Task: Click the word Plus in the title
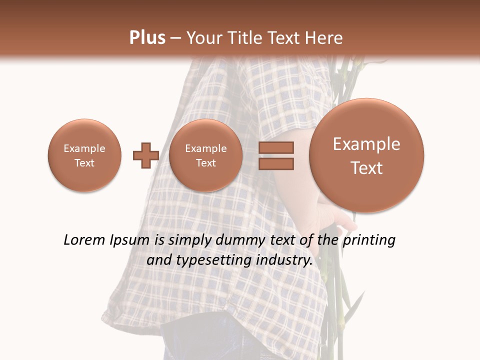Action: pos(147,38)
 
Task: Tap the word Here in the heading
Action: pos(324,38)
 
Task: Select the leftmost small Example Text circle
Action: pos(84,155)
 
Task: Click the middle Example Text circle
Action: pos(205,155)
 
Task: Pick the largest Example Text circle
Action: pos(366,155)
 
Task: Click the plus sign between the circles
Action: pos(145,155)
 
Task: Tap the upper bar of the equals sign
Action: pos(275,147)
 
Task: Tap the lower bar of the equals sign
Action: pos(275,163)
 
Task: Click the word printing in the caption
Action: pos(369,240)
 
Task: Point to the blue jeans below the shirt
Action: pos(210,345)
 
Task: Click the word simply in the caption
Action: pos(189,240)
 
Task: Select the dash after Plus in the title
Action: pos(175,38)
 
